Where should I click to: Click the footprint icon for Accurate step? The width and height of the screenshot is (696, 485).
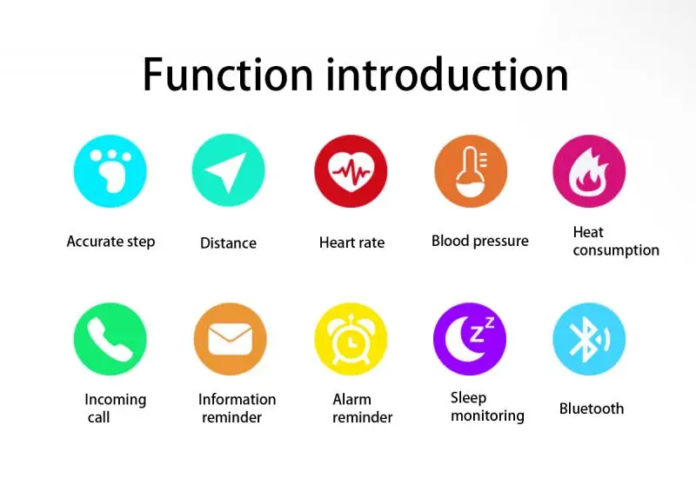coord(110,171)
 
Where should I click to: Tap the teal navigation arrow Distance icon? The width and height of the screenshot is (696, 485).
coord(228,171)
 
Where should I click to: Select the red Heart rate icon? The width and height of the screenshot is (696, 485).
coord(351,171)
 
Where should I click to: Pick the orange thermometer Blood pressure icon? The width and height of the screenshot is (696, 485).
coord(471,171)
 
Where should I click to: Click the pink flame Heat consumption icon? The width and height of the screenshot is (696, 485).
coord(589,171)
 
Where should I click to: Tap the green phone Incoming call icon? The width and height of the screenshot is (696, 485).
coord(110,339)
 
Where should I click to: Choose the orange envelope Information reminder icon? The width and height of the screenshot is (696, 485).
coord(230,339)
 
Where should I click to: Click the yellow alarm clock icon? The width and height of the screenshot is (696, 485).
coord(351,339)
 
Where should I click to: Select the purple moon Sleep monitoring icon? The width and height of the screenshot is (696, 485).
coord(470,339)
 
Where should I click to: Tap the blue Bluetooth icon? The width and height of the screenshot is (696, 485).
coord(589,339)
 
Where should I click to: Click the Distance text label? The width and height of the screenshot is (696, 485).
coord(228,243)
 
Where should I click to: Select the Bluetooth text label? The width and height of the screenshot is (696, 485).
coord(592,409)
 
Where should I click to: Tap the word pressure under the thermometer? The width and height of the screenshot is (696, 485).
coord(499,241)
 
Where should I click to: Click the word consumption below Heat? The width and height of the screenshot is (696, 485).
coord(616,250)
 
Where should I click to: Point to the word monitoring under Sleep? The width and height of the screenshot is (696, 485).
coord(487,415)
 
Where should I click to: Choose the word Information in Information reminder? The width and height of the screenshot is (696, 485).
coord(237,400)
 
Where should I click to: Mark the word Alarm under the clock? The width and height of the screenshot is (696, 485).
coord(352,400)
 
